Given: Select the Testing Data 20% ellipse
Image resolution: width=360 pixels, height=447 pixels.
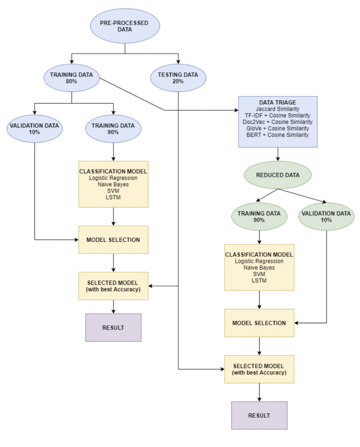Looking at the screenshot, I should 178,78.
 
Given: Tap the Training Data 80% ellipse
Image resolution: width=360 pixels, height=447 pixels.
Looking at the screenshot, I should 71,78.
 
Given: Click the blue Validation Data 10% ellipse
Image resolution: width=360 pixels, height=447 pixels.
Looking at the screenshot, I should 35,129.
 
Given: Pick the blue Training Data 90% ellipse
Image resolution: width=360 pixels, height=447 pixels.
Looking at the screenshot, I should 113,129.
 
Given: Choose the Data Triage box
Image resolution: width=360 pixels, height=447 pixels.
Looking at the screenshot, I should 277,121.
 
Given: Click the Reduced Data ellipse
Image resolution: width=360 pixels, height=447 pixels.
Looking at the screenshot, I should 277,175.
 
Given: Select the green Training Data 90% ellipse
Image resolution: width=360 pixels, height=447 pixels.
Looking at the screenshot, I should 259,217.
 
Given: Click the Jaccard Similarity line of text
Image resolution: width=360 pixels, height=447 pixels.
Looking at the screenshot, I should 277,109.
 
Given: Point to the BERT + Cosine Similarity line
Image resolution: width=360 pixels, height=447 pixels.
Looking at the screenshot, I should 277,135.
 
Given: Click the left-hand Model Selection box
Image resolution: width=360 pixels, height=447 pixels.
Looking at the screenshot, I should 113,240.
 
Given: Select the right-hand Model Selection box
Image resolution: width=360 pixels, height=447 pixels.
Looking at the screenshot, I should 259,323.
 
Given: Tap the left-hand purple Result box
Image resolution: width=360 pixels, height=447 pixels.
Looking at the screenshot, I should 113,328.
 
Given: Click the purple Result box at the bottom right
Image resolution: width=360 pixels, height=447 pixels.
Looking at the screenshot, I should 259,415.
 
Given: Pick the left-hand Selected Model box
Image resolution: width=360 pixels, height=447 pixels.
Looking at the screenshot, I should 113,286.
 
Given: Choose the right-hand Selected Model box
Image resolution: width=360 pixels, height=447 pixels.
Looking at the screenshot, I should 259,369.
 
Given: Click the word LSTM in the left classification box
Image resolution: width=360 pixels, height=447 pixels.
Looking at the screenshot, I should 113,197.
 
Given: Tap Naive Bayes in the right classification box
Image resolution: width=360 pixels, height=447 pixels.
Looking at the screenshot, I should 259,268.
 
